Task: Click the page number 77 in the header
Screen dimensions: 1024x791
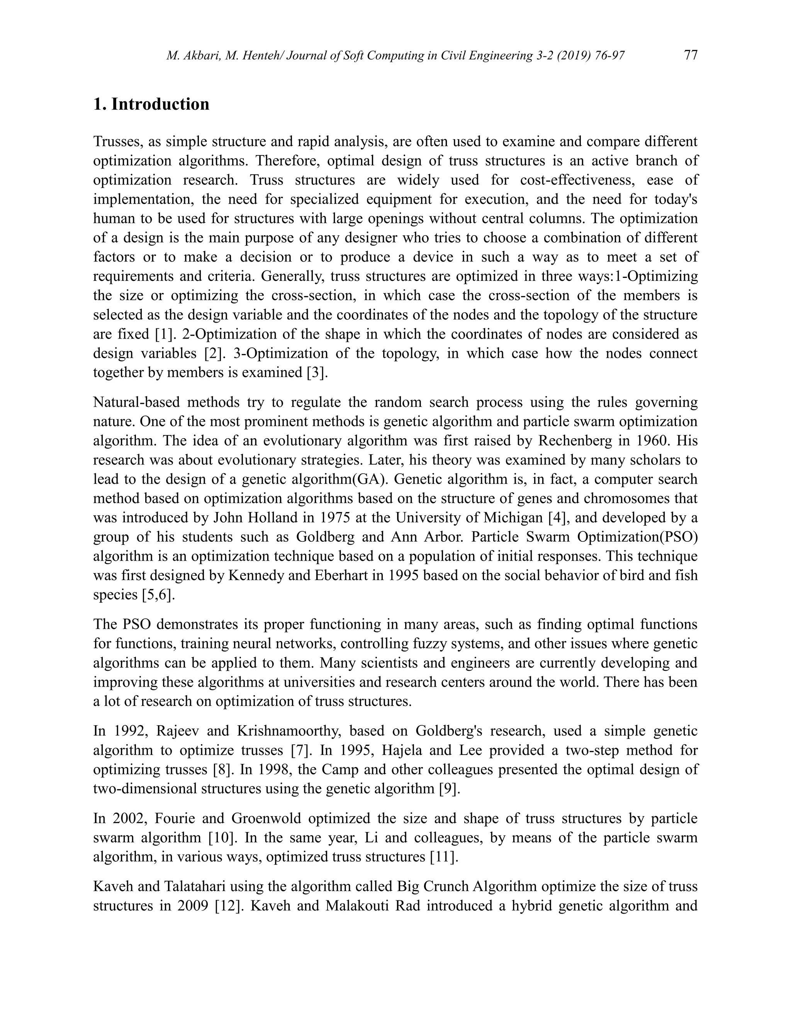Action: click(x=691, y=55)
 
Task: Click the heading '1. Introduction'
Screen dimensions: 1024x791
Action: click(x=151, y=104)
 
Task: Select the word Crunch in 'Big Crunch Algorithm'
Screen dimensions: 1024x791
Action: click(x=446, y=886)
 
